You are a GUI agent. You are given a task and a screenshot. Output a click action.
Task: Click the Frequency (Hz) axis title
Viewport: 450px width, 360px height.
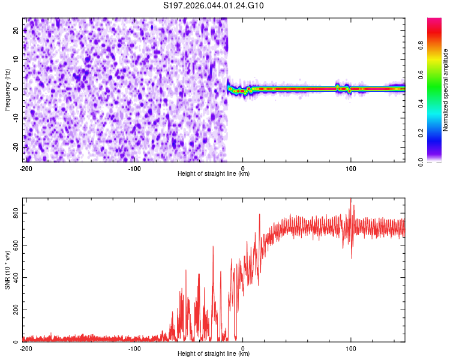pos(7,90)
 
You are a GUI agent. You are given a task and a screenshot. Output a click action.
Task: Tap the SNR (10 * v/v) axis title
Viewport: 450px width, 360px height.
pos(7,270)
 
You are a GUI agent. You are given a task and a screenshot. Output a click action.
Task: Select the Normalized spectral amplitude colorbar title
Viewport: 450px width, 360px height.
pos(446,90)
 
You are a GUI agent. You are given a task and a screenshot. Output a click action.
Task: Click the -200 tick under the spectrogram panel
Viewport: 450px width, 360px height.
pos(26,168)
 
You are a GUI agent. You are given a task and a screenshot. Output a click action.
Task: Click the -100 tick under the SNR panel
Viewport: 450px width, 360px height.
pos(134,348)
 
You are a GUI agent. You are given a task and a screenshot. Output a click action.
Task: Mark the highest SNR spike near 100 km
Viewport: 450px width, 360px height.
pos(350,200)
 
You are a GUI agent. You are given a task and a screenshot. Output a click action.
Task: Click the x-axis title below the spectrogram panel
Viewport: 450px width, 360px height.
pos(214,174)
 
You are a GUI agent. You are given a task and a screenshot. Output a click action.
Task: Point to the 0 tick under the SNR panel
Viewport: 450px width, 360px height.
pos(243,348)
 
